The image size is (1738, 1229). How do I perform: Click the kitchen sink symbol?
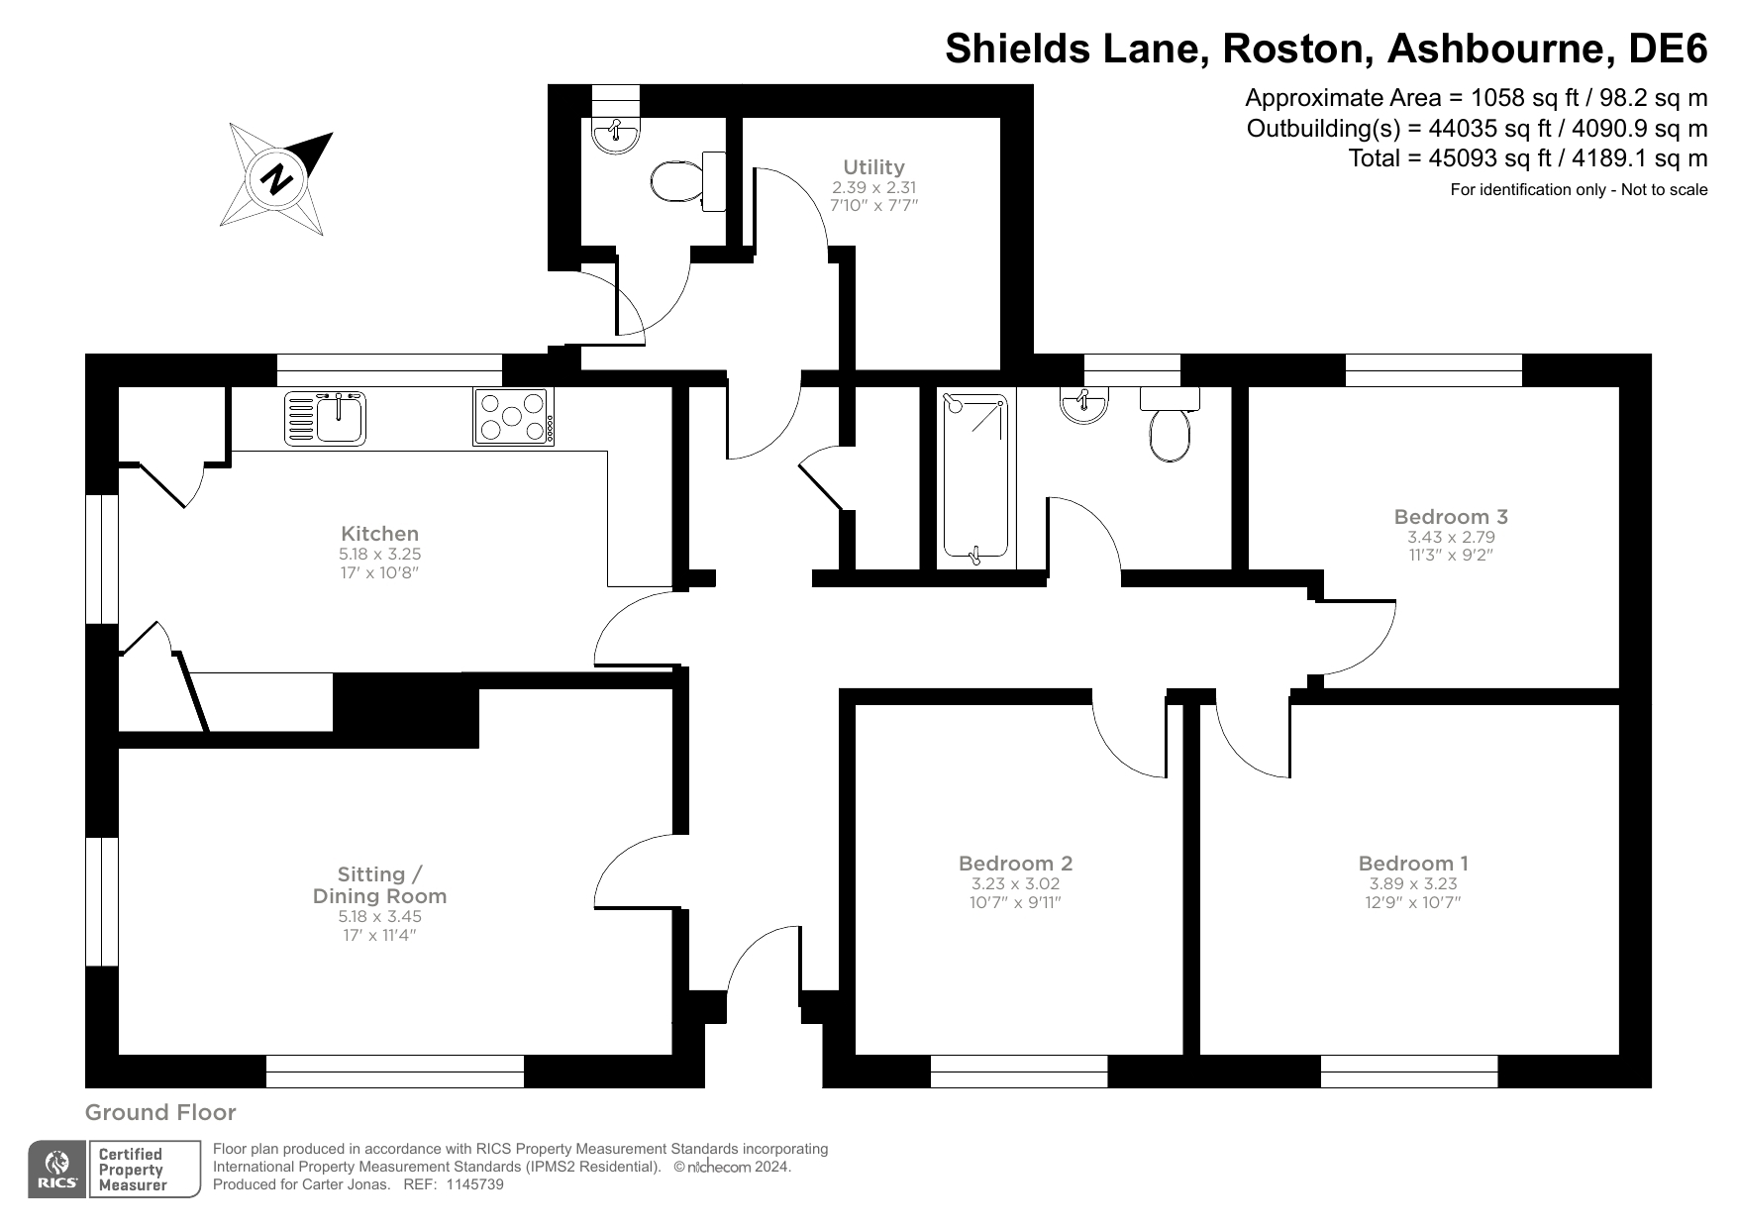coord(325,418)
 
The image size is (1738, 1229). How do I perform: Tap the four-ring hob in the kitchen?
coord(513,417)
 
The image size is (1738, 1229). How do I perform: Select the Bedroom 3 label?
coord(1450,517)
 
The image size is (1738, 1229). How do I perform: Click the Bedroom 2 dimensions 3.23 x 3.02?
coord(1015,884)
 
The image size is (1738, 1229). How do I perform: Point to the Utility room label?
coord(873,167)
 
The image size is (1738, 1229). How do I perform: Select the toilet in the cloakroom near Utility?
coord(677,182)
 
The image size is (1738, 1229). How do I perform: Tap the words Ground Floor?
coord(160,1113)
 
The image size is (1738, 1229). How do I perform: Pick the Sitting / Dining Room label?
coord(379,885)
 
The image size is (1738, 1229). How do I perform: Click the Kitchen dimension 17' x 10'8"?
coord(379,573)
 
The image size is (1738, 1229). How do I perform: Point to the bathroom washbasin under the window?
coord(1083,404)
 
